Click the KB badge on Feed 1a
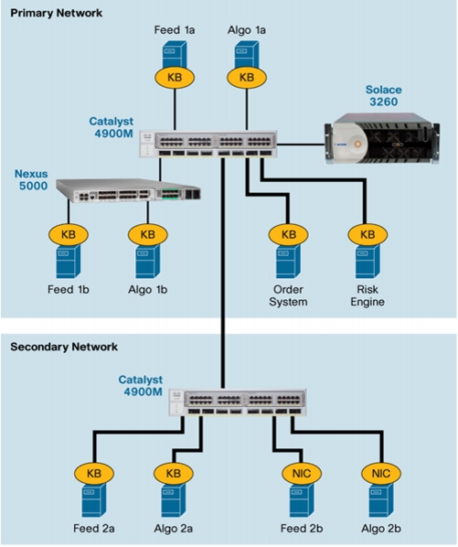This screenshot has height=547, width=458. point(175,77)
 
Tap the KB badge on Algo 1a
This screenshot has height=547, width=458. point(247,77)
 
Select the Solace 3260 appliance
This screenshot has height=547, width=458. point(382,138)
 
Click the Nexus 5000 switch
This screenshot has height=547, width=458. point(128,190)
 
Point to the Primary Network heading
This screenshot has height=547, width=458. point(56,13)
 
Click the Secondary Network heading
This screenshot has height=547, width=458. point(64,347)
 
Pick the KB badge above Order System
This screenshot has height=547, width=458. point(288,234)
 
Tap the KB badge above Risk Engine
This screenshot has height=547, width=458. point(367,234)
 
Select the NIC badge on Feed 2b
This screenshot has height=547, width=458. point(302,474)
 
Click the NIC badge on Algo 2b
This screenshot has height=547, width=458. point(381,474)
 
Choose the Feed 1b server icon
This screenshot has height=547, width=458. point(69,261)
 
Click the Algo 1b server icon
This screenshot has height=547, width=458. point(148,261)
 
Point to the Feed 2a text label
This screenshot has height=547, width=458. point(94,529)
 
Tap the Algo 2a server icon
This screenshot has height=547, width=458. point(173,500)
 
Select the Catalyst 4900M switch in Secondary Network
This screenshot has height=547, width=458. point(238,402)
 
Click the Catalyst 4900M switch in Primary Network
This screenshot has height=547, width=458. point(208,145)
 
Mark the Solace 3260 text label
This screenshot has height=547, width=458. point(383,95)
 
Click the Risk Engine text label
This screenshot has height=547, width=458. point(367,295)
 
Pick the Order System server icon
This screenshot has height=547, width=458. point(288,261)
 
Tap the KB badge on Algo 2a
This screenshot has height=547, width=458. point(173,474)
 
